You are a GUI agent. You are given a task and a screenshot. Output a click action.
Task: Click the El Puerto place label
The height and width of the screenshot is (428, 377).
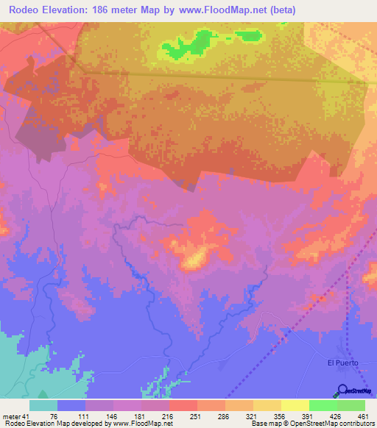click(342, 362)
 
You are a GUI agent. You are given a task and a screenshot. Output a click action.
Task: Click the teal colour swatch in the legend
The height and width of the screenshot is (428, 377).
click(43, 405)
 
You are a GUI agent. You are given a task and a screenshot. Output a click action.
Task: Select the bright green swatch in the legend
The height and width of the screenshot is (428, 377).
click(323, 405)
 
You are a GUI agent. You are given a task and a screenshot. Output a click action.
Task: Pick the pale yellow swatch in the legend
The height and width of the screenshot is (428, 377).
click(295, 405)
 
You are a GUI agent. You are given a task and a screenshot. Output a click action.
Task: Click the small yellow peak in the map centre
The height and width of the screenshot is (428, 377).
click(194, 259)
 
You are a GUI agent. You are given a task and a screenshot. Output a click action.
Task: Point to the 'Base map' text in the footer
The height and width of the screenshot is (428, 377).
click(267, 423)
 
